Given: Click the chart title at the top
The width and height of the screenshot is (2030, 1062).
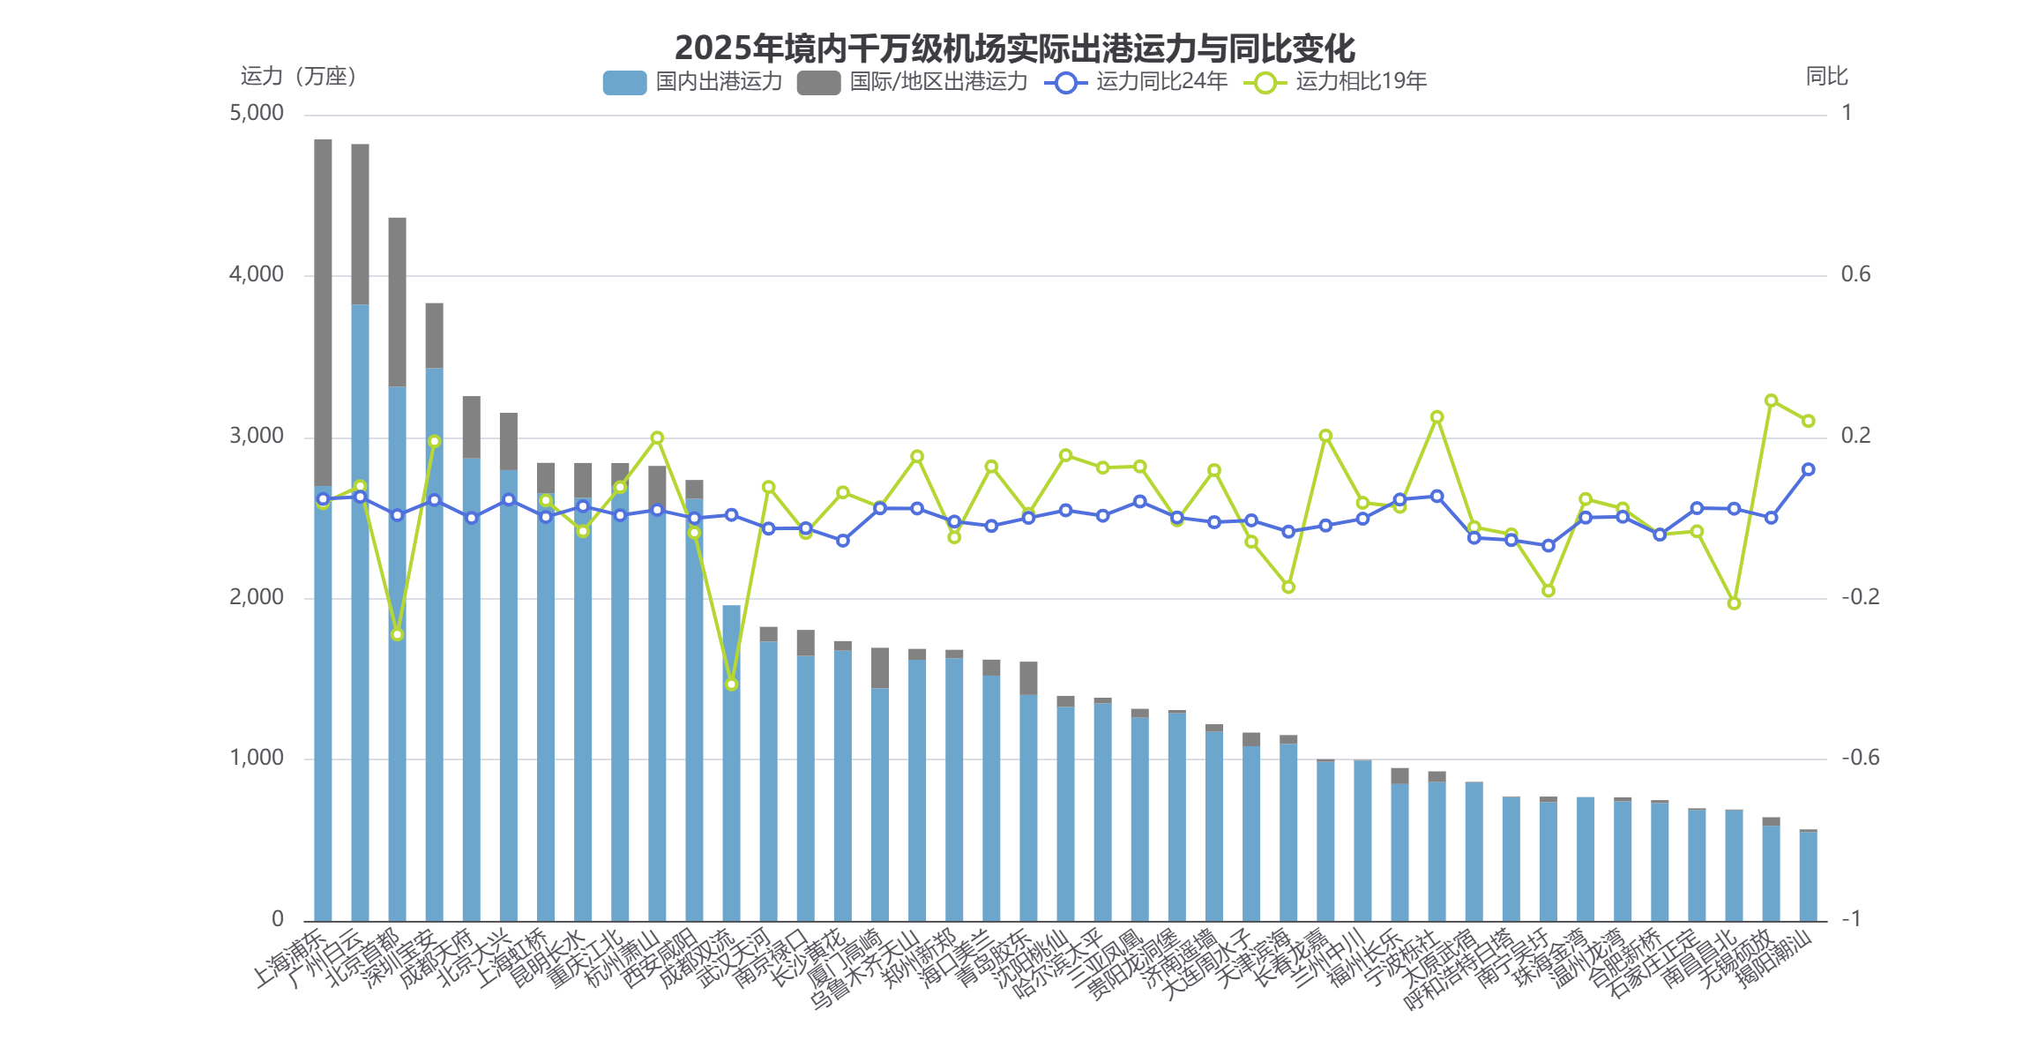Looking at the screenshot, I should tap(1014, 48).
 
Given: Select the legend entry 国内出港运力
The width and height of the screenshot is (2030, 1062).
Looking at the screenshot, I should tap(693, 82).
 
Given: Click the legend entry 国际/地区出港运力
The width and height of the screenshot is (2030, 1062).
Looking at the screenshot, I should tap(912, 82).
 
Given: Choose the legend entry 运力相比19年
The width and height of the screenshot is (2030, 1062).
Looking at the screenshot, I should tap(1335, 82).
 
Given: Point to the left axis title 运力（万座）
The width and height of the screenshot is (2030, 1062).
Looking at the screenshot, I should tap(298, 77).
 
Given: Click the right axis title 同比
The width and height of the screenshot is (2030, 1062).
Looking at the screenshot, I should tap(1826, 77).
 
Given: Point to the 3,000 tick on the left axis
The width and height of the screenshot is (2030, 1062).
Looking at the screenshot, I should tap(257, 437).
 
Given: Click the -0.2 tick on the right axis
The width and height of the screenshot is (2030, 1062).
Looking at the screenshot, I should tap(1860, 597).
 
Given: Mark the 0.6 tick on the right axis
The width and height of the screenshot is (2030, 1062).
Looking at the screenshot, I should tap(1855, 275).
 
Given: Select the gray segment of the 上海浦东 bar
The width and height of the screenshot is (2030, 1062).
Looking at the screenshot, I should tap(324, 309).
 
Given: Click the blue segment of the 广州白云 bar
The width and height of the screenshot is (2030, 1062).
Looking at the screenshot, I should tap(361, 617).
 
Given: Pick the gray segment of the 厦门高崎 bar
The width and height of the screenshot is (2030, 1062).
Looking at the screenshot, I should tap(880, 668).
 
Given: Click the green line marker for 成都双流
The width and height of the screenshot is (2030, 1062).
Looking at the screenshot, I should tap(732, 684).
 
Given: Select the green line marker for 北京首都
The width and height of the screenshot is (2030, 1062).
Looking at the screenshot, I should tap(398, 635).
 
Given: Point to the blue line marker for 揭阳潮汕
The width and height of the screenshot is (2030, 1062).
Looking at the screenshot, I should tap(1808, 470).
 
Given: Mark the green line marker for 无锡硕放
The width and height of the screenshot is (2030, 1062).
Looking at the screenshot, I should tap(1771, 401).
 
